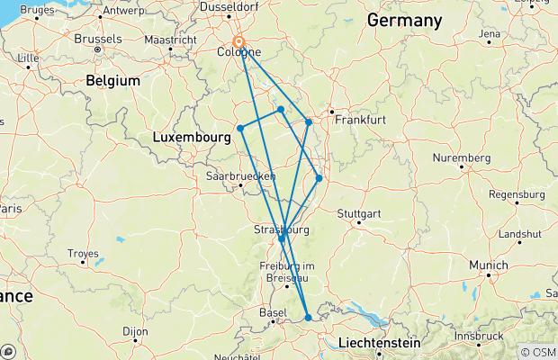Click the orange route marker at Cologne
239,42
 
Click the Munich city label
490,266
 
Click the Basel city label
273,312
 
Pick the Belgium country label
113,81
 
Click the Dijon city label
135,332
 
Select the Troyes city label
82,255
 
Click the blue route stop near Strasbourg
282,238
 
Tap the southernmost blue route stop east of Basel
308,317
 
